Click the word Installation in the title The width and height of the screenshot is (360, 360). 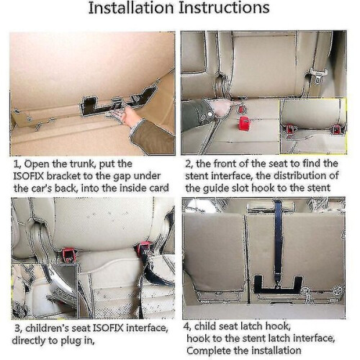point(131,8)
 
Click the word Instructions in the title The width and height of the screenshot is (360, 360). point(224,8)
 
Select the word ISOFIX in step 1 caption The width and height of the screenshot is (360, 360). point(29,176)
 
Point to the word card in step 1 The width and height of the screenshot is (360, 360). point(159,188)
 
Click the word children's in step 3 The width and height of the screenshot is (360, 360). point(45,328)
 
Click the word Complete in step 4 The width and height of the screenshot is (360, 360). point(209,351)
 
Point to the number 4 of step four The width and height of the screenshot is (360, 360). point(186,326)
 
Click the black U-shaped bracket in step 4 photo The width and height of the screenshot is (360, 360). point(278,289)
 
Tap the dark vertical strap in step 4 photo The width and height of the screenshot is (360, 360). point(278,240)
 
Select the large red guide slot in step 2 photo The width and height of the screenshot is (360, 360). point(246,122)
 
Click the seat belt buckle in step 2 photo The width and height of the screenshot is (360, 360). point(317,76)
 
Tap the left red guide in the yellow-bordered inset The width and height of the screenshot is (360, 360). point(290,129)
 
